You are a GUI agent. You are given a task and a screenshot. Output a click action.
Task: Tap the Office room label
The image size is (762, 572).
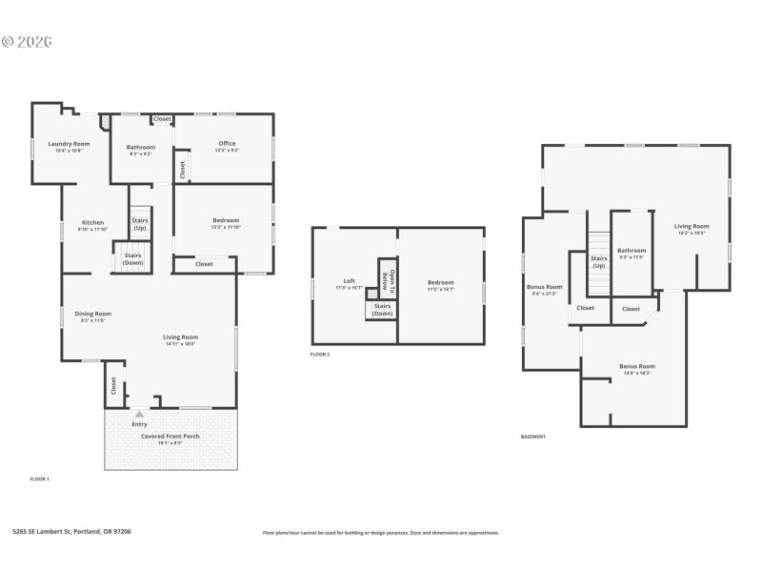tap(227, 144)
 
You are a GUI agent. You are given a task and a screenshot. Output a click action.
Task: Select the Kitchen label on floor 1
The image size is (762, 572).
tap(92, 222)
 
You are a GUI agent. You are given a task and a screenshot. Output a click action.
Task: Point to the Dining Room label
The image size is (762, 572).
tap(95, 314)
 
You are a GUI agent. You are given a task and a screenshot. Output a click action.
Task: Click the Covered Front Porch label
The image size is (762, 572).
tap(170, 437)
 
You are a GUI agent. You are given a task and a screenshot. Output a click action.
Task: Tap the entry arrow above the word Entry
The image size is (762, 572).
tap(140, 414)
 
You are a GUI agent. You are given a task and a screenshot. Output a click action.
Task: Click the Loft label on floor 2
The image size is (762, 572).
tap(350, 280)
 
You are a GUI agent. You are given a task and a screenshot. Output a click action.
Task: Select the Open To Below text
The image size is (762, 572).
tap(387, 280)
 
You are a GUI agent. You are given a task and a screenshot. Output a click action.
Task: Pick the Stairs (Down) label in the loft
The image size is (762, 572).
tap(382, 309)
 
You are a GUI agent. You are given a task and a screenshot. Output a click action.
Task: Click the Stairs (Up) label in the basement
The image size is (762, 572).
tap(599, 261)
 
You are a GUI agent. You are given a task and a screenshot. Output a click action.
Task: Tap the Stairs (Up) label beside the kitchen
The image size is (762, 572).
tap(140, 224)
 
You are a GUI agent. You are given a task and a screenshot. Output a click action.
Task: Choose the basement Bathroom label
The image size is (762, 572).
tap(632, 251)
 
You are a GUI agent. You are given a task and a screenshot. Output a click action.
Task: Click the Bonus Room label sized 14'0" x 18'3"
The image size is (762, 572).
tap(637, 367)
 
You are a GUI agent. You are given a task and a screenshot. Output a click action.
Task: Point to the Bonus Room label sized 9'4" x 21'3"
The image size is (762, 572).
tap(545, 287)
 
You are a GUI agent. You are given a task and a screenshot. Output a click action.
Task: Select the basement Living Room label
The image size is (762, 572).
tap(692, 227)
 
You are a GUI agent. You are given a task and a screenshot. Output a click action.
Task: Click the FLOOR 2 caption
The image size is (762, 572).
tap(320, 355)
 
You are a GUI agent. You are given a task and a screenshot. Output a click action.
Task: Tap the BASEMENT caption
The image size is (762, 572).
tap(533, 437)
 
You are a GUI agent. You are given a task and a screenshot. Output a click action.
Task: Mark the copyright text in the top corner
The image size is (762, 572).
tap(27, 42)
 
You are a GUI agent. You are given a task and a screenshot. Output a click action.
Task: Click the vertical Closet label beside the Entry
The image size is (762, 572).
tap(113, 385)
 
